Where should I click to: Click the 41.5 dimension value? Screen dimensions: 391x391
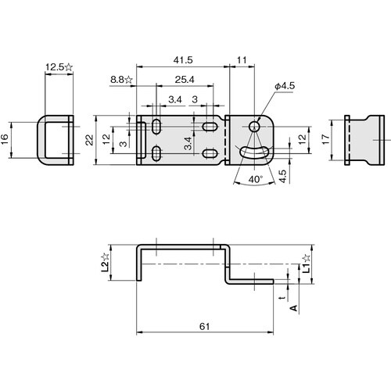(183, 59)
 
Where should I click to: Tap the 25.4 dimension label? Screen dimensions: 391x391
(185, 81)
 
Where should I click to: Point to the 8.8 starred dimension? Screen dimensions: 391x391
(121, 80)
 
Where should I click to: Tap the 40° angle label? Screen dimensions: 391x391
(254, 179)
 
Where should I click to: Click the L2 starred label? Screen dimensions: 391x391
(106, 260)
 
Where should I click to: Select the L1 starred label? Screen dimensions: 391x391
(306, 264)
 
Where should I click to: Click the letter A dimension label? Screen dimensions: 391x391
(293, 308)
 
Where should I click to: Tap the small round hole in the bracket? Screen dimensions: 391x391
(255, 125)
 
